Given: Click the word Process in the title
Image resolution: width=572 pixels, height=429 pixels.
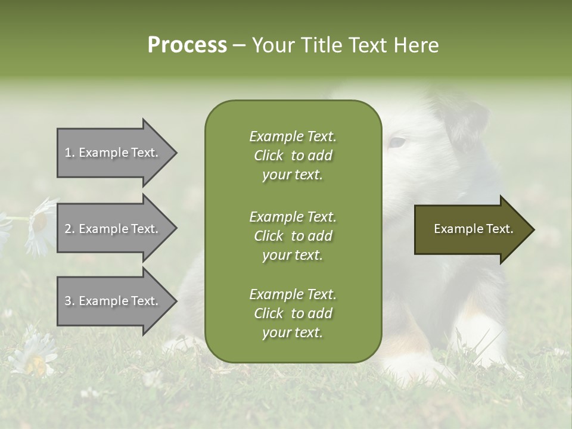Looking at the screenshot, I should (x=187, y=45).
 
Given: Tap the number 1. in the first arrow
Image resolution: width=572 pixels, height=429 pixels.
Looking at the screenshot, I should (x=69, y=153).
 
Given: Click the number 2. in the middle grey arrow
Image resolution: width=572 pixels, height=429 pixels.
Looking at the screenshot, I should (x=69, y=229).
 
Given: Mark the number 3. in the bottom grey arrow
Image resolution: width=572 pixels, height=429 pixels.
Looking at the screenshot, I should (x=69, y=301).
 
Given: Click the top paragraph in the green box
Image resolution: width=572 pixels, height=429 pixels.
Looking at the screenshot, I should (x=293, y=156).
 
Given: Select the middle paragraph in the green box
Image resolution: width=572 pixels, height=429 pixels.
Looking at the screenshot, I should (x=293, y=236).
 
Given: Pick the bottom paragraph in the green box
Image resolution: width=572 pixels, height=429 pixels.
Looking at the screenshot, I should (x=293, y=313).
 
